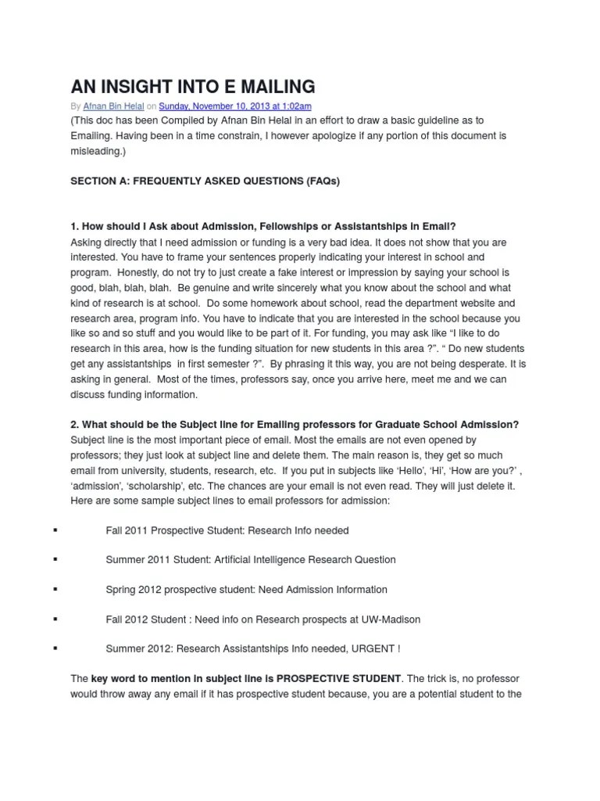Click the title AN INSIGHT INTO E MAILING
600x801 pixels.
pos(193,86)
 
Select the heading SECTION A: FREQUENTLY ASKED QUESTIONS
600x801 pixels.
pos(205,181)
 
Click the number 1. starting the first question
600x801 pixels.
pos(75,227)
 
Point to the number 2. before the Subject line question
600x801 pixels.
pos(75,425)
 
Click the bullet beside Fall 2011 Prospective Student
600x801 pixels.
pos(55,530)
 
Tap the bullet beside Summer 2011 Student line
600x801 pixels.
pos(55,560)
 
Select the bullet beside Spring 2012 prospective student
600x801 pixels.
pos(55,589)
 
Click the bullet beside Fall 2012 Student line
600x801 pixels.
pos(55,619)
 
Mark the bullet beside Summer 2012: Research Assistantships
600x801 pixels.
pos(55,648)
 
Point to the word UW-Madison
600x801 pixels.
pos(390,619)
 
